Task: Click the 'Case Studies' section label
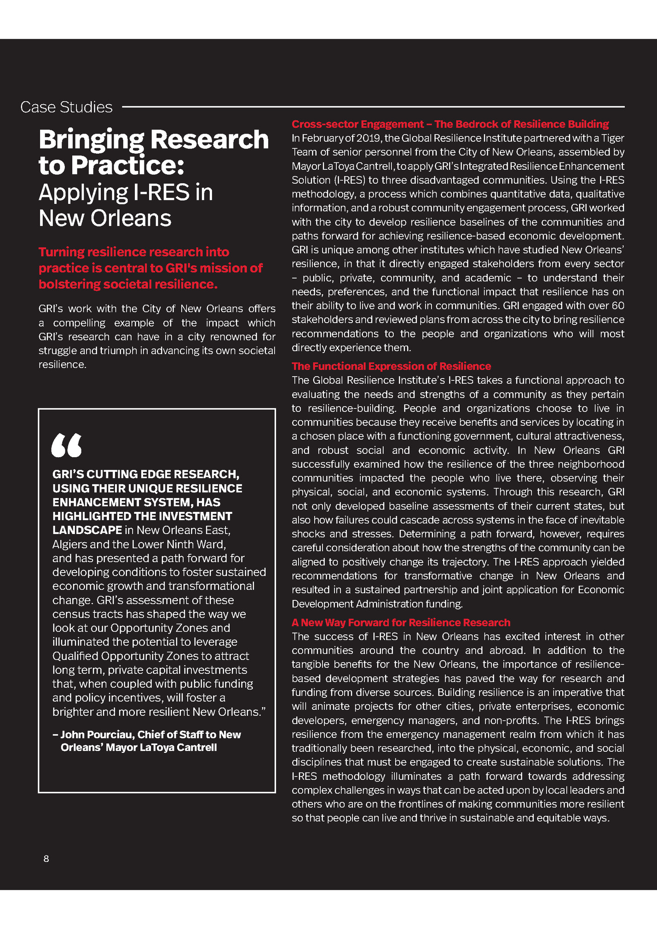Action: coord(66,107)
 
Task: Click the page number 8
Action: coord(46,859)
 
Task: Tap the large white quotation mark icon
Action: coord(67,445)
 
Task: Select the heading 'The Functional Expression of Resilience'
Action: coord(391,366)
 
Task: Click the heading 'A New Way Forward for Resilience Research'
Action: coord(401,622)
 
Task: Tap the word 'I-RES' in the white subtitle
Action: coord(161,192)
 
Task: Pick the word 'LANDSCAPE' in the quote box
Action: coord(87,530)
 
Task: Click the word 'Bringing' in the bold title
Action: coord(91,139)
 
